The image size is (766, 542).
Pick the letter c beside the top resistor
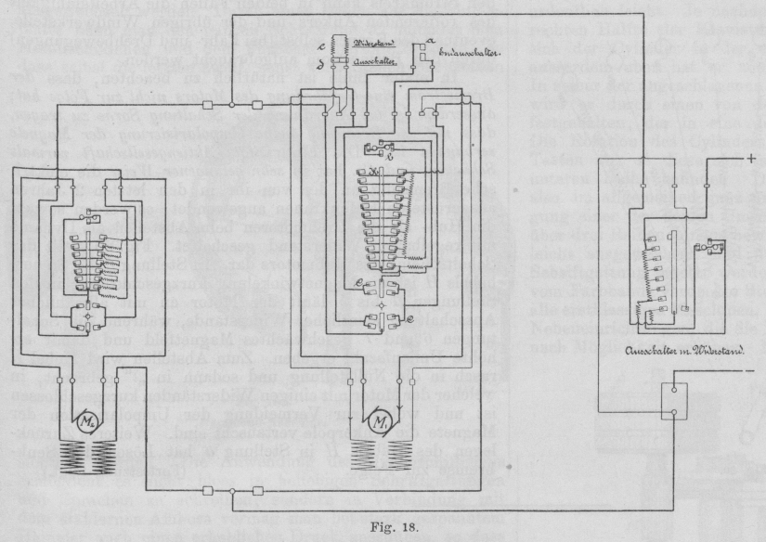320,45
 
